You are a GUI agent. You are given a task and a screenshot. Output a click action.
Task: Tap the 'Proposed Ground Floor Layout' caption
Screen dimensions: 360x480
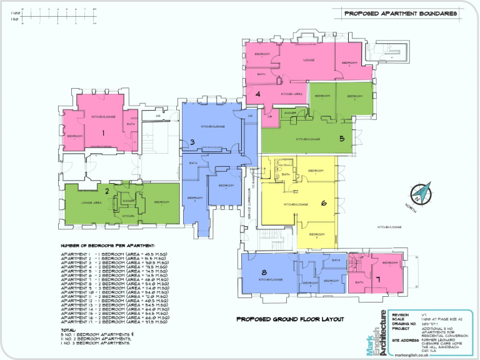290,319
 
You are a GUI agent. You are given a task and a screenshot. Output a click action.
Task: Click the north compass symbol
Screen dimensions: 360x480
424,193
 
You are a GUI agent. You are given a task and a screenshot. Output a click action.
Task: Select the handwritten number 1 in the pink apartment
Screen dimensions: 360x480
104,132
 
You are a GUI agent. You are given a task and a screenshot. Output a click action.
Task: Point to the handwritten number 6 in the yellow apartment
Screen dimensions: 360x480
324,202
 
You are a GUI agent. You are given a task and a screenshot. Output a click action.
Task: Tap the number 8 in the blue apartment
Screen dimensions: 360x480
264,272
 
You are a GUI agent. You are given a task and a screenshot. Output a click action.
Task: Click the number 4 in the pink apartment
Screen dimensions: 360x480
257,94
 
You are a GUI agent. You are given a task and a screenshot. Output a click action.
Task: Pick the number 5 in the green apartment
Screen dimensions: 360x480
342,139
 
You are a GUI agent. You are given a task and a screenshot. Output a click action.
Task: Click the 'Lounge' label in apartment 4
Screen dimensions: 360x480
308,60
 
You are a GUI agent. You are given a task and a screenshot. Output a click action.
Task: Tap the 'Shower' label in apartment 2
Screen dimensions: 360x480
129,201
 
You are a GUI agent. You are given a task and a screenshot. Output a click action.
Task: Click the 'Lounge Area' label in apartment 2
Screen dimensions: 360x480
92,202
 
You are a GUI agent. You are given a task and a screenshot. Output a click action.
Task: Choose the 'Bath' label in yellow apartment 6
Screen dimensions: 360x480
286,174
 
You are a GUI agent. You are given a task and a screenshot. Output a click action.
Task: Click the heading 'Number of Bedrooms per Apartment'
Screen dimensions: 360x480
107,246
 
